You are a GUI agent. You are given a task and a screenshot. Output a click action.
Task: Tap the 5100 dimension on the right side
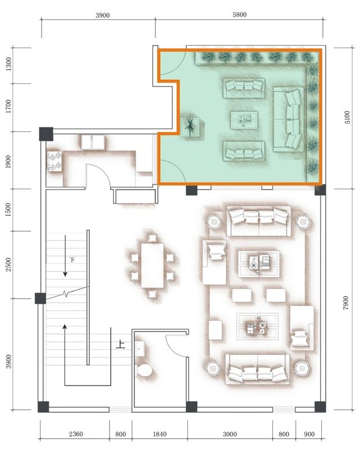(x=347, y=118)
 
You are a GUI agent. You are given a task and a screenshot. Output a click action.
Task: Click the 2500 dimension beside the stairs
(x=8, y=264)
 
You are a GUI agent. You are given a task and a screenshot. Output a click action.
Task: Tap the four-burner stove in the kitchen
(x=55, y=161)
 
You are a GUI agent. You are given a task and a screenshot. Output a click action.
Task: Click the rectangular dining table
(x=152, y=265)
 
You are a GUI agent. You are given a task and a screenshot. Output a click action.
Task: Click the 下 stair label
(x=72, y=260)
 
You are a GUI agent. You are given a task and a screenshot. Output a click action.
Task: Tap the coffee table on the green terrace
(x=245, y=119)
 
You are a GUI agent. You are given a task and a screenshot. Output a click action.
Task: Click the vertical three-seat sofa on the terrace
(x=288, y=118)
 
